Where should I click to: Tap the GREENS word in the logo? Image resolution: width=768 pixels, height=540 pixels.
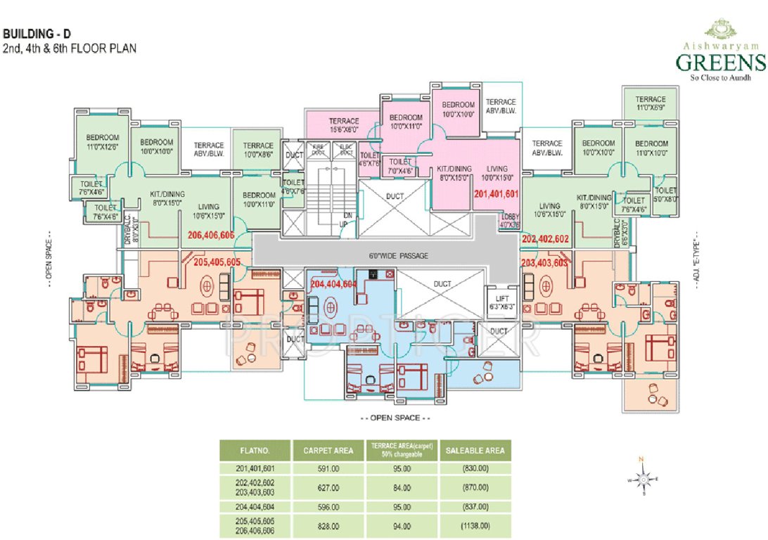720,63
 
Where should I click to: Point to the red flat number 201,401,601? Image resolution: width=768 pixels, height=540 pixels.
497,193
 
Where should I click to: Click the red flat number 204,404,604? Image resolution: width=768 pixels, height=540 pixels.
334,284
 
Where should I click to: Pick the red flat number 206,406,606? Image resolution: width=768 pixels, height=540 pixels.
211,236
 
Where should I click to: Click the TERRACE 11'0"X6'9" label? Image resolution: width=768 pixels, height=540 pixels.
651,104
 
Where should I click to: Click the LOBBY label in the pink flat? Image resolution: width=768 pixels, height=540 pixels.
510,221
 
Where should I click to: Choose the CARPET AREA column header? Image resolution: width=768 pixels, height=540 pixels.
328,451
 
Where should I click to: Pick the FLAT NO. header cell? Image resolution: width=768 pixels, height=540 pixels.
255,451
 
